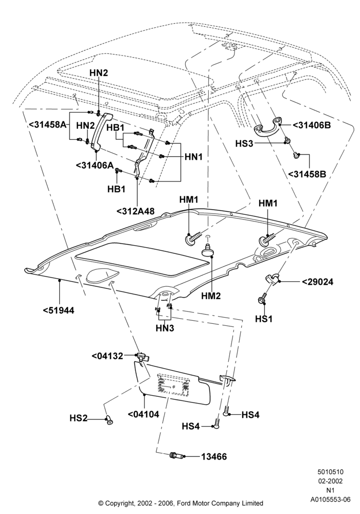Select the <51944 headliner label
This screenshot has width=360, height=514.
coord(59,310)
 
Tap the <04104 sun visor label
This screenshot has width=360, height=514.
coord(143,414)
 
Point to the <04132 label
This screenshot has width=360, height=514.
coord(107,356)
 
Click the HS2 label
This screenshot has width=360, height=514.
coord(78,418)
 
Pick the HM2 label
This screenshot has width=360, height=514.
coord(212,296)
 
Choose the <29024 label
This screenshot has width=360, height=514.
coord(317,282)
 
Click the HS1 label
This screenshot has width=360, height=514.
coord(264,318)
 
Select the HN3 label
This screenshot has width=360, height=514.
coord(165,328)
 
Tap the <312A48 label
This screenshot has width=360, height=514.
coord(135,211)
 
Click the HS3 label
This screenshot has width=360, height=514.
coord(244,143)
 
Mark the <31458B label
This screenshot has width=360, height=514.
coord(307,174)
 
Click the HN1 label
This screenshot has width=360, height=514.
coord(194,157)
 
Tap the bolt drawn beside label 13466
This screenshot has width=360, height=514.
coord(176,455)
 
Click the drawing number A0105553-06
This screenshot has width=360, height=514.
coord(331,500)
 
